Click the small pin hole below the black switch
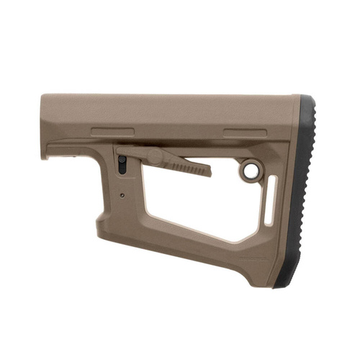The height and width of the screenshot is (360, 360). point(123,194)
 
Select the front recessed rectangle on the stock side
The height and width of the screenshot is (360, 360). point(112,132)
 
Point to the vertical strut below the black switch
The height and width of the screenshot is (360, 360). point(130,209)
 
